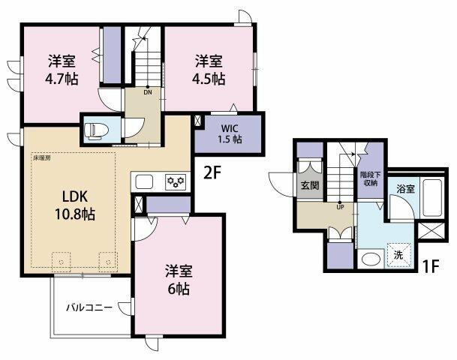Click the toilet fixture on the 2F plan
point(96,130)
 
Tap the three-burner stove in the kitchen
point(176,181)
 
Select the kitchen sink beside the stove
point(144,181)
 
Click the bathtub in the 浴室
point(433,197)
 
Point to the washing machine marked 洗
point(398,255)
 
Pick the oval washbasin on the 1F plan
point(371,259)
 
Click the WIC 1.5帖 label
point(230,133)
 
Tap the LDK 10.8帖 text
point(75,205)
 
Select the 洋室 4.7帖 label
point(62,69)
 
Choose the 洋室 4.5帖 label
point(209,69)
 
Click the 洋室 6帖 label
point(179,280)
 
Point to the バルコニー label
point(89,307)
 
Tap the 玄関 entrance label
point(309,185)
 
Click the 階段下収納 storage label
point(370,178)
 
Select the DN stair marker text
point(148,92)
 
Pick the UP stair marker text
point(340,207)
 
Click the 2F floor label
point(212,173)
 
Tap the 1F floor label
point(430,265)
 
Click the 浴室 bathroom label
point(405,188)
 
